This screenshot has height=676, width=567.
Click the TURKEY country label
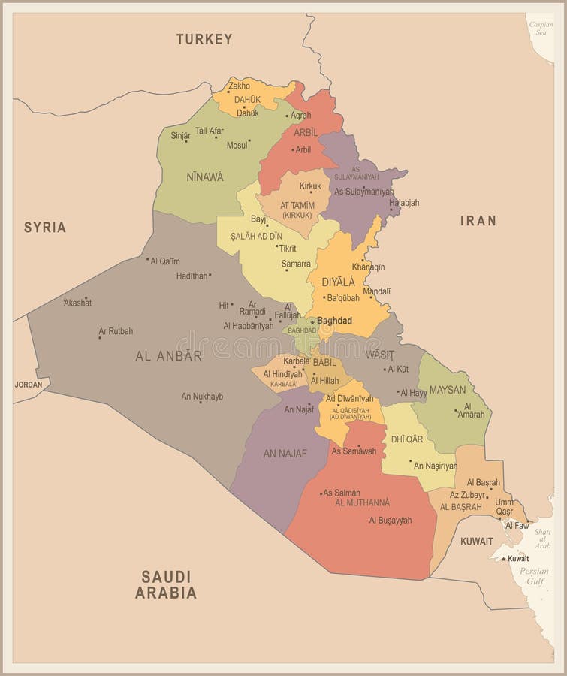tap(204, 39)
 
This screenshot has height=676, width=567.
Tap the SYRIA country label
tap(44, 227)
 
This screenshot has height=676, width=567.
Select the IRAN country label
tap(478, 220)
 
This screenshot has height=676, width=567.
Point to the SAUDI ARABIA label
tap(166, 584)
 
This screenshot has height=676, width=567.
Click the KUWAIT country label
tap(477, 541)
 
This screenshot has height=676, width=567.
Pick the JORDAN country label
tap(29, 385)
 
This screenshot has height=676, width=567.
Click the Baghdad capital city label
tap(334, 321)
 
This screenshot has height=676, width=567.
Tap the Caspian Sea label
tap(541, 29)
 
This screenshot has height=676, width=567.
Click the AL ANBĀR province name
tap(168, 356)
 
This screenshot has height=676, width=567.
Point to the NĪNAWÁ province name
tap(204, 177)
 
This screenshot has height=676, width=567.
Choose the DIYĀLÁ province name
tap(338, 282)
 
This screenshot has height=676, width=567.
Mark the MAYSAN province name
tap(448, 390)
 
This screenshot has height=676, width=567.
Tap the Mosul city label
tap(237, 145)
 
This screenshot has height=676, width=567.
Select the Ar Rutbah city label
tap(116, 331)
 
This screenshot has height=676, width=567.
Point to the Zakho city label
tap(240, 86)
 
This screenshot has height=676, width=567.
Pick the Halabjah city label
tap(404, 203)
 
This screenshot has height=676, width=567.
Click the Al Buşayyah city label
tap(390, 520)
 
